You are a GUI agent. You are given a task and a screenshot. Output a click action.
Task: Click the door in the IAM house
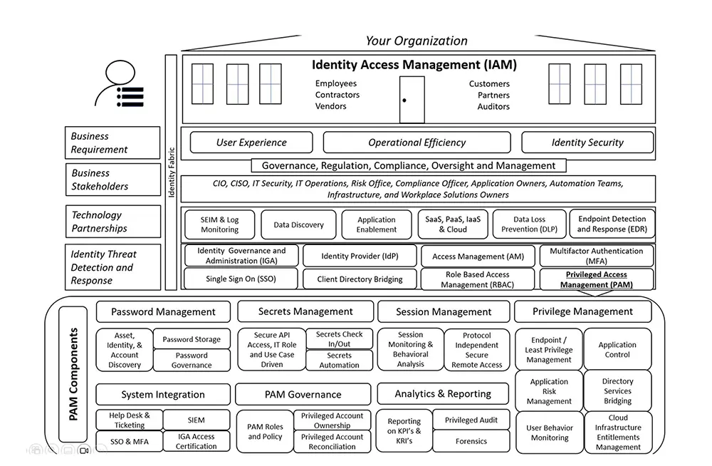(x=412, y=100)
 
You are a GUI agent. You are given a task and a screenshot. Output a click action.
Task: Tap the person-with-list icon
(x=120, y=83)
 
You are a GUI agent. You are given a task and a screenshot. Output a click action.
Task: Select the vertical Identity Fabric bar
(x=171, y=172)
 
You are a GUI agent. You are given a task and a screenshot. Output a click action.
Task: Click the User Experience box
(x=251, y=143)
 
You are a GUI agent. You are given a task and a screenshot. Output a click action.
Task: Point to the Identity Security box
(x=587, y=143)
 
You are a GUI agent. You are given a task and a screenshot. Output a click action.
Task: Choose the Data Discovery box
(x=298, y=224)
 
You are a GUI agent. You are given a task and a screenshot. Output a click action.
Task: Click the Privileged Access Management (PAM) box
(x=596, y=279)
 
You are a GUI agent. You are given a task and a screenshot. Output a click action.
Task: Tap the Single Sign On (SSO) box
(x=241, y=279)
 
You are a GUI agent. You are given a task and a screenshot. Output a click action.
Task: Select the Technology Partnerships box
(x=113, y=222)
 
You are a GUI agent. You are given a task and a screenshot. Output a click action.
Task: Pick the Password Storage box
(x=191, y=339)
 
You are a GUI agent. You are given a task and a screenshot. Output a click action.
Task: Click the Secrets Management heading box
(x=305, y=311)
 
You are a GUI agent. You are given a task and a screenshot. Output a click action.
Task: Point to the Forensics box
(x=471, y=441)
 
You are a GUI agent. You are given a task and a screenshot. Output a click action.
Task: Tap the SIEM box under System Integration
(x=197, y=420)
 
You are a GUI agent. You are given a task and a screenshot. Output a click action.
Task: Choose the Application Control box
(x=617, y=349)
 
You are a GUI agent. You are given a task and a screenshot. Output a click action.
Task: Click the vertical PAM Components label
(x=73, y=374)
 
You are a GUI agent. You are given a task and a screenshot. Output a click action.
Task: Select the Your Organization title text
(x=417, y=41)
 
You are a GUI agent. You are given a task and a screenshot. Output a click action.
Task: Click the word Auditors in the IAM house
(x=493, y=106)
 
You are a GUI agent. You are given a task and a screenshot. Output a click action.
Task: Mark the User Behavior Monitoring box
(x=550, y=433)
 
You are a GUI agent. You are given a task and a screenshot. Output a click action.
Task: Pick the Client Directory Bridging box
(x=360, y=279)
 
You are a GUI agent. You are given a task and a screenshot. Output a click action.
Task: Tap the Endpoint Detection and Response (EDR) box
(x=612, y=224)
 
